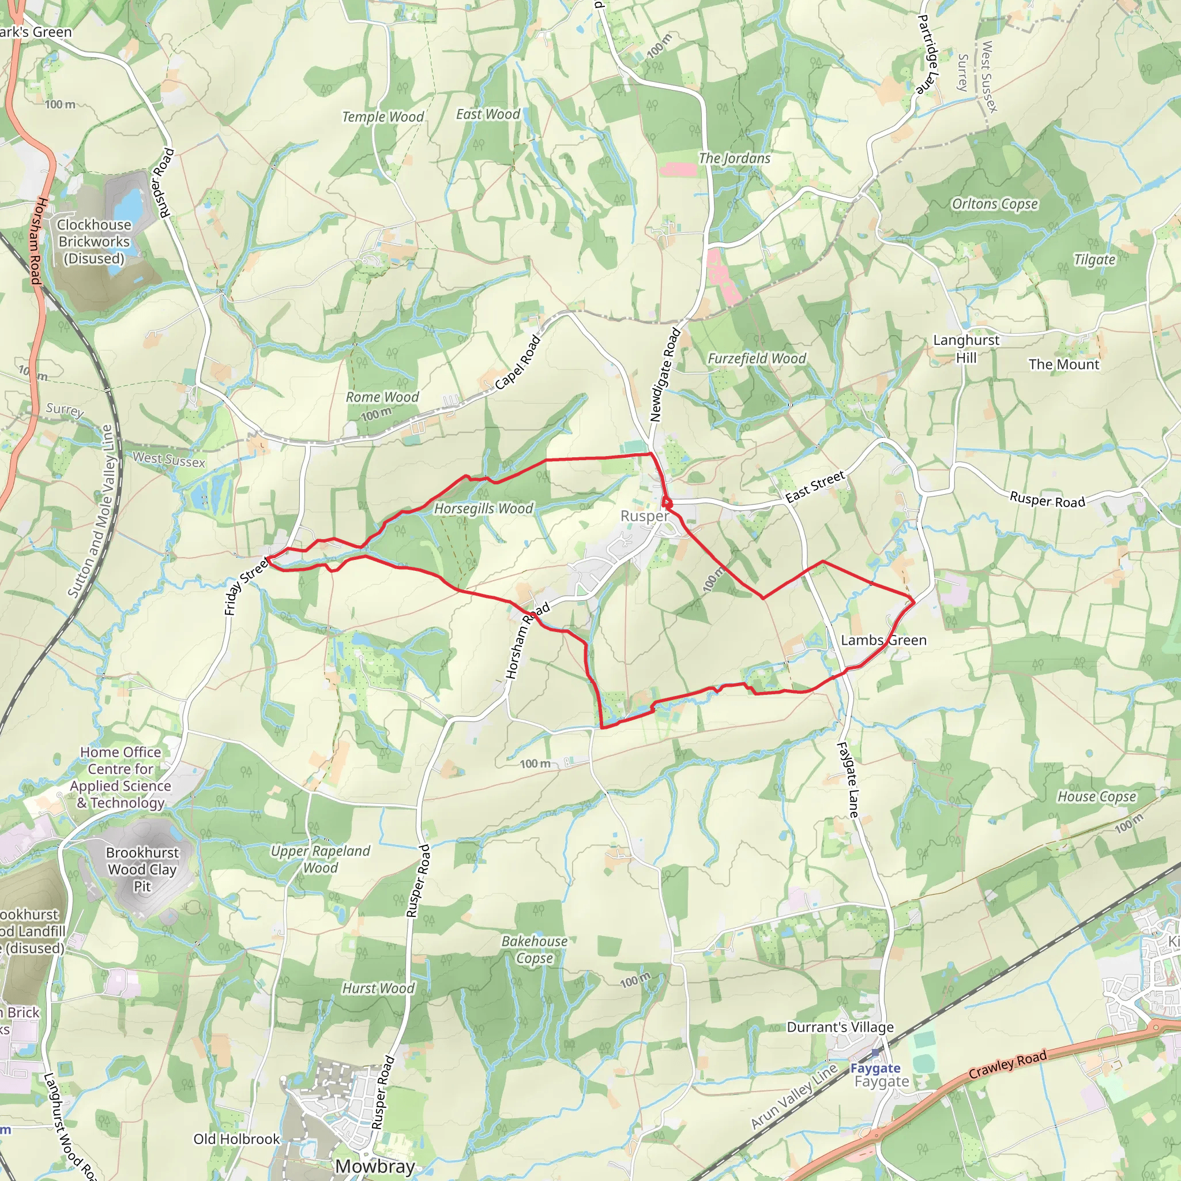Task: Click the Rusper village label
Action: click(644, 516)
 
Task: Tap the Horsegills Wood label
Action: click(483, 509)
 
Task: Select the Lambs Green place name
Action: click(883, 640)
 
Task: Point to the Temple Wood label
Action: click(383, 116)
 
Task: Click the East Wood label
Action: click(488, 114)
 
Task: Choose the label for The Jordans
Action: click(734, 159)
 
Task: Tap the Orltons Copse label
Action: click(995, 204)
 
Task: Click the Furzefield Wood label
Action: click(757, 359)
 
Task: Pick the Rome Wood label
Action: click(382, 397)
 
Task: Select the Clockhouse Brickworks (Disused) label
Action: click(94, 242)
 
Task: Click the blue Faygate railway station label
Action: click(875, 1068)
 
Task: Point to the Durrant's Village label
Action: click(840, 1027)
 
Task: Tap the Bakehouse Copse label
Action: click(534, 949)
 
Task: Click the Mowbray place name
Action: click(375, 1165)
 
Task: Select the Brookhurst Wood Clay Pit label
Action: click(142, 869)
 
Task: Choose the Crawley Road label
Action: click(1007, 1065)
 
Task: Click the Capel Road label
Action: click(518, 363)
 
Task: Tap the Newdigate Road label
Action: click(664, 375)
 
